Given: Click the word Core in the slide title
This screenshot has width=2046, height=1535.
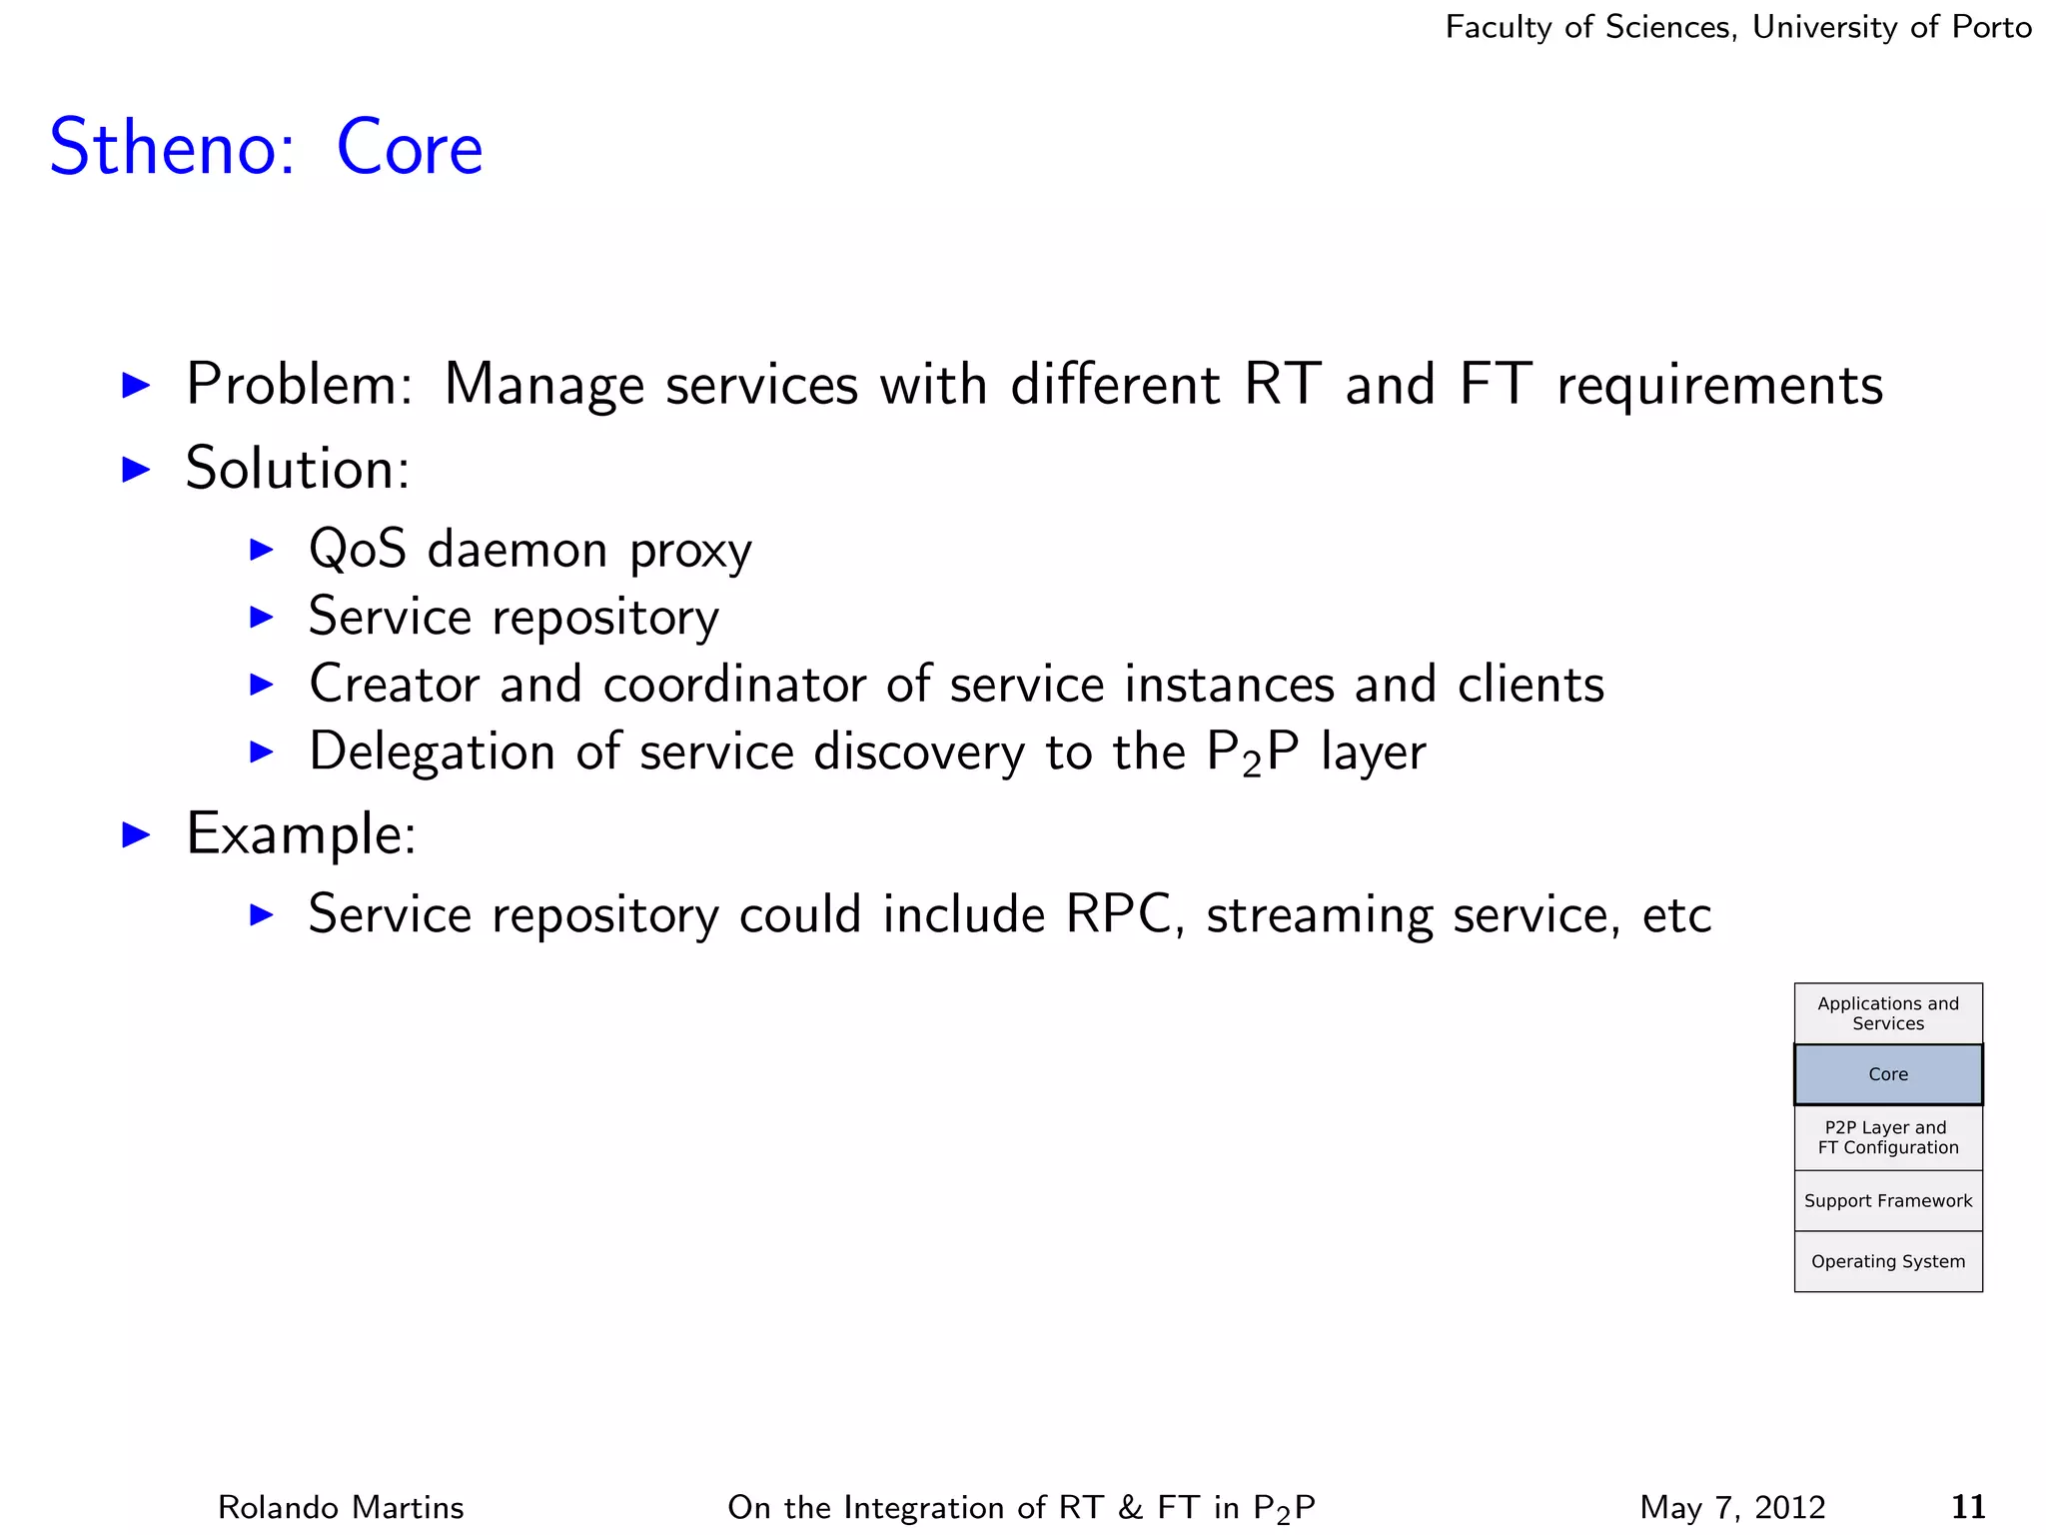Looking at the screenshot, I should (410, 148).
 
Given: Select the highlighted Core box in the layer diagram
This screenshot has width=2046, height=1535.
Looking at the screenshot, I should (1887, 1074).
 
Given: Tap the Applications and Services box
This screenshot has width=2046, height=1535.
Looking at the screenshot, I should (1887, 1013).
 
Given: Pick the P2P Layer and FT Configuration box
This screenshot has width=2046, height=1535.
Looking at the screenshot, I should (1887, 1137).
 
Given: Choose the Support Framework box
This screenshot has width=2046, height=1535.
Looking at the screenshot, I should (1887, 1200).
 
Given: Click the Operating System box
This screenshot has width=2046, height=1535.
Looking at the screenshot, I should (1887, 1261).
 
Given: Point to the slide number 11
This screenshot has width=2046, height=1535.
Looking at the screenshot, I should (1967, 1506).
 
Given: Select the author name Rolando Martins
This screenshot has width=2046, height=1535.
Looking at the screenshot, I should (341, 1507).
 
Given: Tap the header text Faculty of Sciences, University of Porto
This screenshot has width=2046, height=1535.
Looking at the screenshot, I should (1737, 27).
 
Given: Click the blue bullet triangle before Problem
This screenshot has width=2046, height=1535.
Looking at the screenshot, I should (135, 385).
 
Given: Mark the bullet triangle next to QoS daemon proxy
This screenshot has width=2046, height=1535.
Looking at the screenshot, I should (261, 549).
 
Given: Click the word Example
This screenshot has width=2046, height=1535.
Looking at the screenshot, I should (300, 833).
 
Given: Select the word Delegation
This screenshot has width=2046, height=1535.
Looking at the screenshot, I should (432, 752).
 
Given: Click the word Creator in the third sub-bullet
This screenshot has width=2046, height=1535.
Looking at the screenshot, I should (395, 685).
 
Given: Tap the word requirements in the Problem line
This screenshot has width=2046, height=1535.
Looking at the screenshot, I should (1719, 386).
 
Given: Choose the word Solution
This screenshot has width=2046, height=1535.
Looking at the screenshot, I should (297, 468).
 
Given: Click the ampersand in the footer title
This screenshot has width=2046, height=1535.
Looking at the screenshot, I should (1130, 1507).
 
